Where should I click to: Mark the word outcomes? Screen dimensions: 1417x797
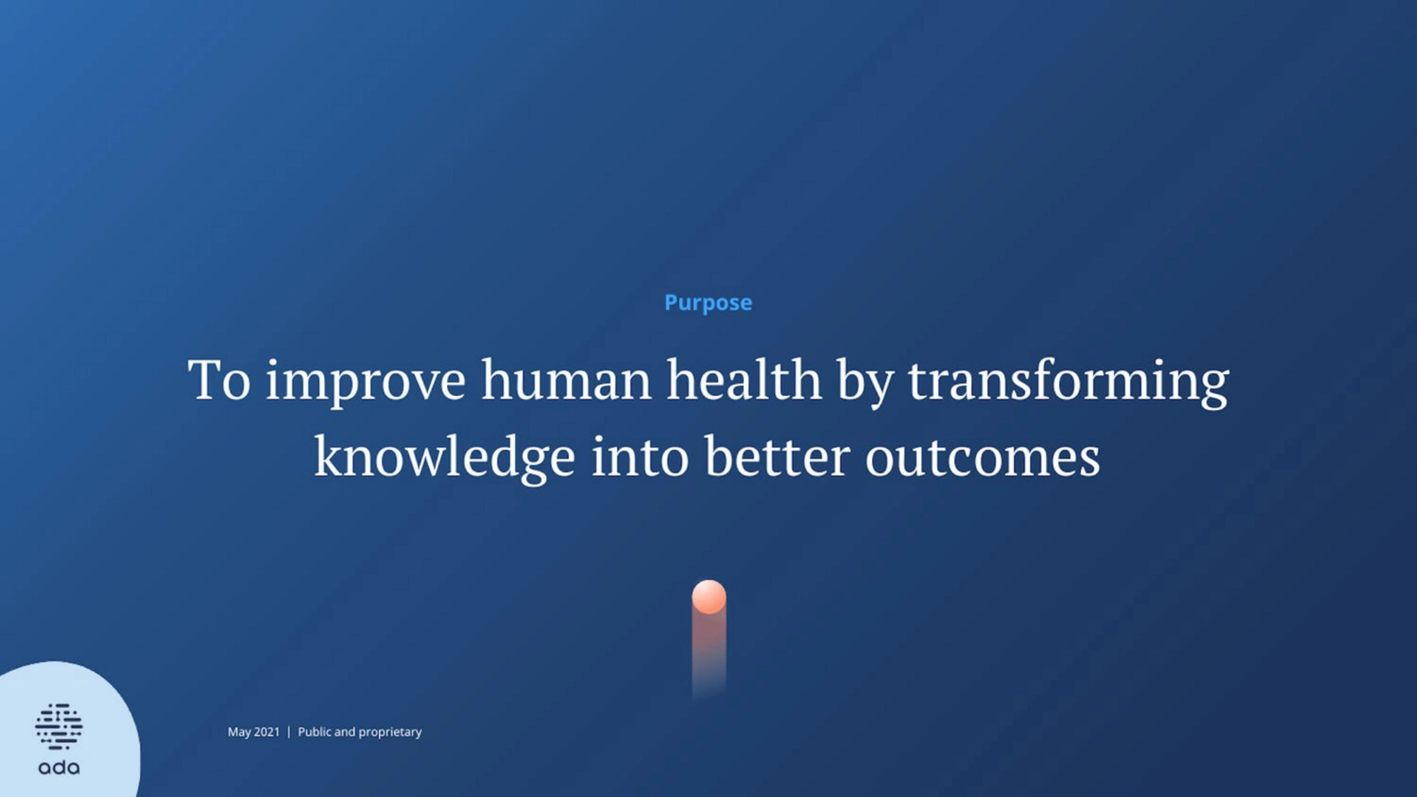point(982,458)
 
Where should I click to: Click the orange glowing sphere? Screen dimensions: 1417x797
point(708,596)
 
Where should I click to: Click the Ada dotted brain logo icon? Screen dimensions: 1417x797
point(59,726)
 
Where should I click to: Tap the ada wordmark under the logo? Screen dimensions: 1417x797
point(59,767)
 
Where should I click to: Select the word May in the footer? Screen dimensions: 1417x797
point(239,732)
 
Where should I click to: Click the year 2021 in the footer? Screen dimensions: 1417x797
point(267,732)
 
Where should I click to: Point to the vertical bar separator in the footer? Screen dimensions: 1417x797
point(289,732)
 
